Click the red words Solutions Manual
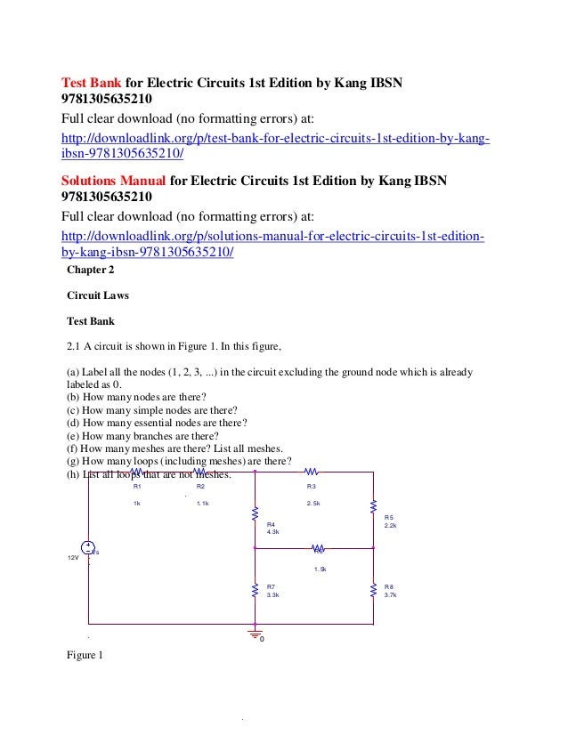pos(111,181)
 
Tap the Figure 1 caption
pos(85,656)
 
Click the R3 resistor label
pos(312,487)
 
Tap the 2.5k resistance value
pos(313,504)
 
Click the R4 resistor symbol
pos(256,516)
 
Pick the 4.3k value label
pos(273,532)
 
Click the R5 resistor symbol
pos(374,506)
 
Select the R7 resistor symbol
pos(256,589)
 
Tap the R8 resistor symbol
pos(374,589)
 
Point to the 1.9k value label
pos(321,569)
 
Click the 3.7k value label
pos(390,594)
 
